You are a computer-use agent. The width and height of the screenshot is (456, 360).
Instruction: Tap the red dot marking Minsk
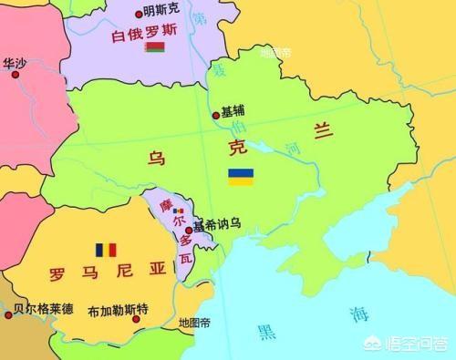tap(139, 14)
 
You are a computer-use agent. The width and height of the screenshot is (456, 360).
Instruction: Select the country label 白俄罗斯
tap(145, 36)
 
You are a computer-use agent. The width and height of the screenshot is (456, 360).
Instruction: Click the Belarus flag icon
tap(154, 47)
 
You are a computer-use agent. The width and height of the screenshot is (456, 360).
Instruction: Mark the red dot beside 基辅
tap(216, 116)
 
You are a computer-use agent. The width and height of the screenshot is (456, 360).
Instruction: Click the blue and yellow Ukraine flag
tap(241, 176)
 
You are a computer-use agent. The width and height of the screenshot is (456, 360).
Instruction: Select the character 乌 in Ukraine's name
tap(157, 158)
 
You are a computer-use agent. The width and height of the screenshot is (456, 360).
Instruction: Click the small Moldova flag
tap(177, 211)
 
